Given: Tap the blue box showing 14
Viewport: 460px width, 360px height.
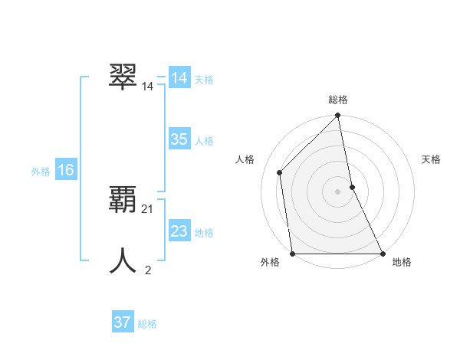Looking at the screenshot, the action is (x=179, y=78).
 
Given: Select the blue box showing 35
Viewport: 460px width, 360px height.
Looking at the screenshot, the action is (x=179, y=139).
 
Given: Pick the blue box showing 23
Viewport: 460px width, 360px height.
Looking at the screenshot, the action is (x=179, y=231).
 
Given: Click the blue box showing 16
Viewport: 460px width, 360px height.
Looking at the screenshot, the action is (x=65, y=170).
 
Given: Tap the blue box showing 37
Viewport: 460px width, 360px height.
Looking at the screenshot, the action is (x=122, y=322).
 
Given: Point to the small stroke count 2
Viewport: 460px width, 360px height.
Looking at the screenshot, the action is (x=148, y=270).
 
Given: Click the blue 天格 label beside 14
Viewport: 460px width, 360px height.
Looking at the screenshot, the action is (x=204, y=80).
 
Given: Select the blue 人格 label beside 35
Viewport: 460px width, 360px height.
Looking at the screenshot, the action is (x=204, y=141).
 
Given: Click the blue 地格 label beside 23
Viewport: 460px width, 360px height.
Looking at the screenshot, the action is (x=204, y=233).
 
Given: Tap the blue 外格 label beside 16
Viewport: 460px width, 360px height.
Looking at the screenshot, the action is (x=41, y=172).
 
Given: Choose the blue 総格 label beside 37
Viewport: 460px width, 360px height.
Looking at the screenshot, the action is (x=147, y=324).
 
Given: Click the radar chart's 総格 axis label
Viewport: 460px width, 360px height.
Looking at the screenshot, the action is (x=338, y=100).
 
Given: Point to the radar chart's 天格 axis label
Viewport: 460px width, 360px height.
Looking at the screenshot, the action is (x=432, y=159).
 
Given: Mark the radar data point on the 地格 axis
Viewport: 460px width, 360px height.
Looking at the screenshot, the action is (x=382, y=253).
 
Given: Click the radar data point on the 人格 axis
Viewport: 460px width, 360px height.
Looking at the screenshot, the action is (x=280, y=172).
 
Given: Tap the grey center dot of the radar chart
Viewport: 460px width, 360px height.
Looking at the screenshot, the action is (x=337, y=191).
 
